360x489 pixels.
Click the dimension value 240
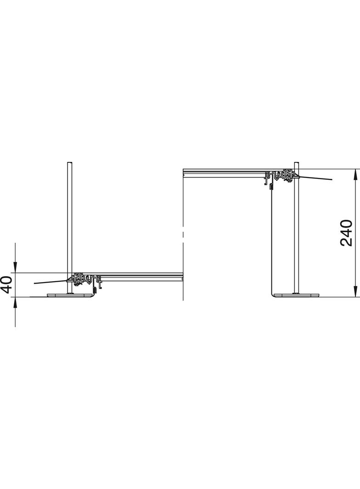pyautogui.click(x=346, y=233)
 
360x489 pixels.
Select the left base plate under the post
pyautogui.click(x=70, y=295)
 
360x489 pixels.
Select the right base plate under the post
pyautogui.click(x=297, y=295)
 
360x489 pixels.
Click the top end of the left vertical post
pyautogui.click(x=70, y=162)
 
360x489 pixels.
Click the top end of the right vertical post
pyautogui.click(x=297, y=162)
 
